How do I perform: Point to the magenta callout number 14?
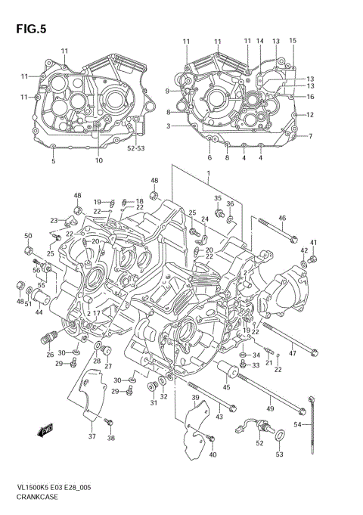259,41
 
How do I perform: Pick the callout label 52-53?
136,149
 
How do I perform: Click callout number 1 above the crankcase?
207,174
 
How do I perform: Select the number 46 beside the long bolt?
281,219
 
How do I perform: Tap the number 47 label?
292,353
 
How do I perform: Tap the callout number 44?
38,312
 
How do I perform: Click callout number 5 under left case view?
53,162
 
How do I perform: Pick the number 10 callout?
98,160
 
